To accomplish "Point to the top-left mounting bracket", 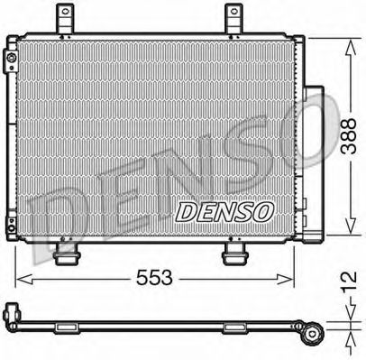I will (x=64, y=17).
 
